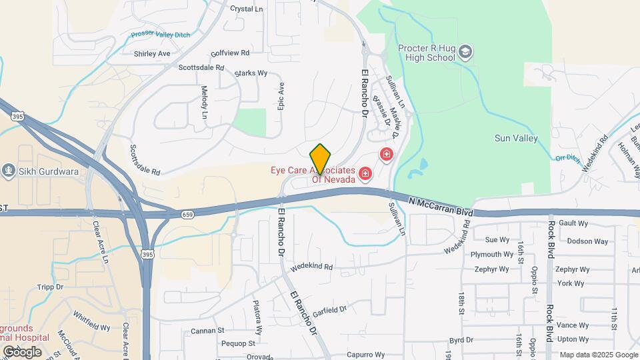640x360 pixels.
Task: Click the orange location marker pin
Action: coord(320,158)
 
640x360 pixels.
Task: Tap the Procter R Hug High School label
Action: coord(426,53)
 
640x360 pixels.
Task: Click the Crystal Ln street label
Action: coord(246,9)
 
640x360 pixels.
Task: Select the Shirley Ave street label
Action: coord(152,53)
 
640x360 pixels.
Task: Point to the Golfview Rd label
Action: coord(229,53)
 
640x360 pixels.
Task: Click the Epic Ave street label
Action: coord(281,97)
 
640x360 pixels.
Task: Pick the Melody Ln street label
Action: coord(205,101)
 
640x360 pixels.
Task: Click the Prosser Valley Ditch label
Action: coord(162,33)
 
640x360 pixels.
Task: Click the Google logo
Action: coord(22,351)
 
